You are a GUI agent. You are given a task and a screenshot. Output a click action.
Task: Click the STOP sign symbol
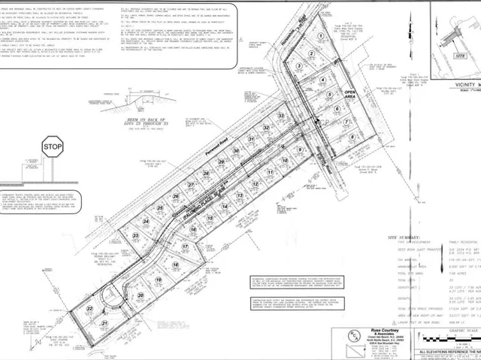pyautogui.click(x=52, y=147)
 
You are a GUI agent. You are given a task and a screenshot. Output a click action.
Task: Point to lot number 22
pyautogui.click(x=90, y=309)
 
